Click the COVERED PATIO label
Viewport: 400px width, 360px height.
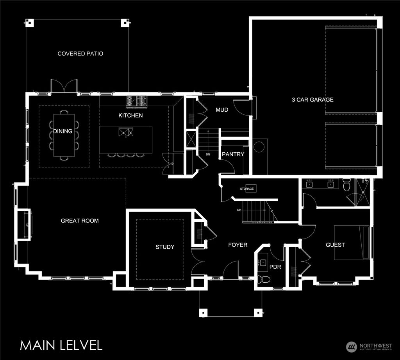click(x=80, y=53)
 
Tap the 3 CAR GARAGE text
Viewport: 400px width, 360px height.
click(x=312, y=100)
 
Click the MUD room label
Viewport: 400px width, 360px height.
click(x=222, y=110)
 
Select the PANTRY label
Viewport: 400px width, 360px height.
click(x=233, y=154)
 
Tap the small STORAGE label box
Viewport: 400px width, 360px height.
click(x=247, y=189)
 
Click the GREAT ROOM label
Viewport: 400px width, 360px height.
click(x=80, y=221)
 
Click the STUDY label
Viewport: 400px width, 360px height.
click(x=165, y=247)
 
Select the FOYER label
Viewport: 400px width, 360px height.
click(x=238, y=245)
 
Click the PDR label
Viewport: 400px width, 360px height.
click(x=275, y=267)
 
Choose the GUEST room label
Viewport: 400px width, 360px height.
click(x=335, y=245)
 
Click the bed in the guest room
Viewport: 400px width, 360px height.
click(x=352, y=242)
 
